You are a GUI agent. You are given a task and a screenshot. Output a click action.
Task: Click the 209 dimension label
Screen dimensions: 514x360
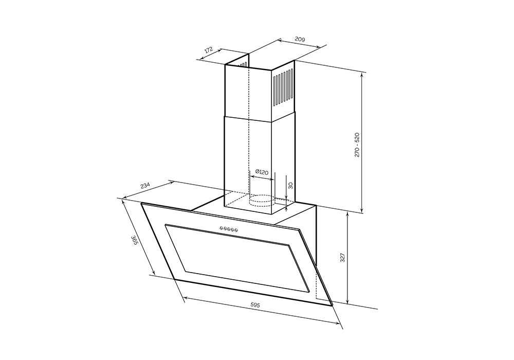pos(300,40)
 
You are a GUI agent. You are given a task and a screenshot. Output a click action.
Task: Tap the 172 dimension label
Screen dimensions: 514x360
pos(209,50)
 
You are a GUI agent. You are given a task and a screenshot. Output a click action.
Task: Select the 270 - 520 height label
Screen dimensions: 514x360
pos(357,145)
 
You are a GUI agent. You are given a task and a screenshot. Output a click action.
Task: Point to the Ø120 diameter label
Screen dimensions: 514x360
pos(262,172)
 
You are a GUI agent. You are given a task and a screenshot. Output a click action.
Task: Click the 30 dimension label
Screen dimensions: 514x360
pos(290,186)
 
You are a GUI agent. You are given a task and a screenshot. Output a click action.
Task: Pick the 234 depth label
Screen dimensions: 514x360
pos(145,186)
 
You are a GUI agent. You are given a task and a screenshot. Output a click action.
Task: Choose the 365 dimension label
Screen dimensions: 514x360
pos(134,240)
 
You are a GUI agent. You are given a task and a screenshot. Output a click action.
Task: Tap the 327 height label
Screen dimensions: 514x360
pos(342,258)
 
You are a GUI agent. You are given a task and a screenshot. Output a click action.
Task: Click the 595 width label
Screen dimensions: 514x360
pos(255,305)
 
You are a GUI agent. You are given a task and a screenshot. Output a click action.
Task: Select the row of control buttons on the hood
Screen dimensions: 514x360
pos(228,229)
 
